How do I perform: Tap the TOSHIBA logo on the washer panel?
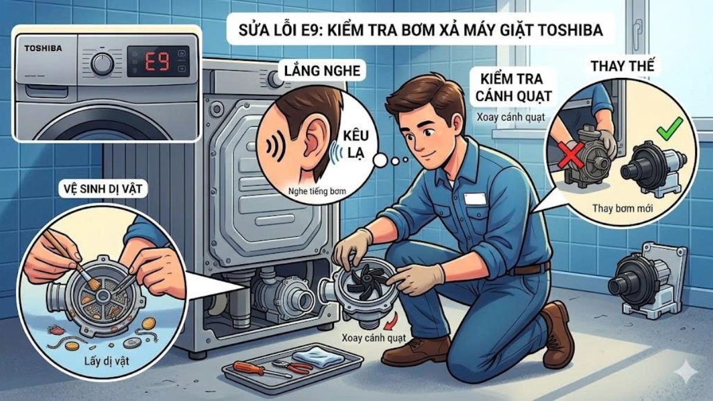44,47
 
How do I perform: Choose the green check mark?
669,127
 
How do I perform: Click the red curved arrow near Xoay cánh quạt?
390,324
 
